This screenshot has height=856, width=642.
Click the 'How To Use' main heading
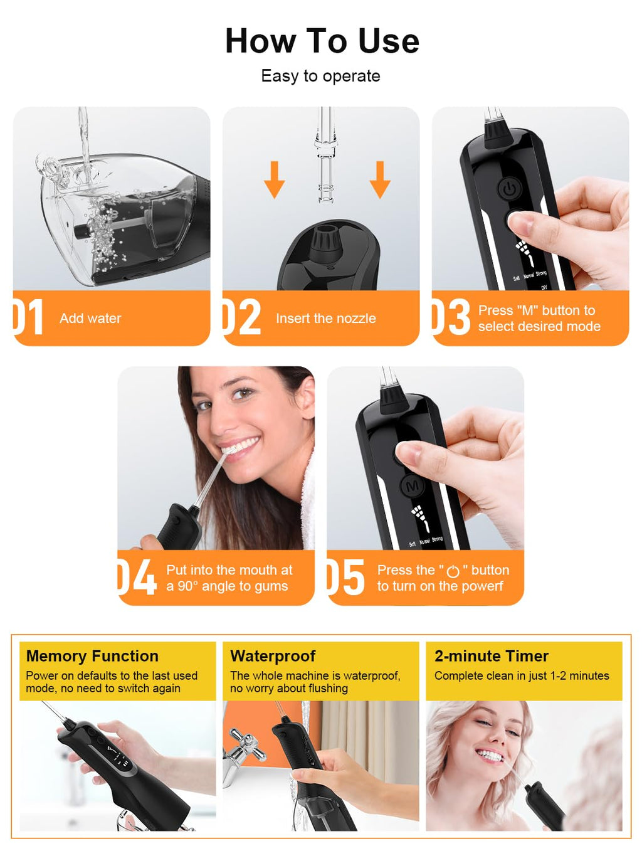(x=322, y=41)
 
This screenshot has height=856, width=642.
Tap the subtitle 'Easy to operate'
(x=320, y=76)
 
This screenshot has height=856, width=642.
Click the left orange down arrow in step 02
(x=275, y=180)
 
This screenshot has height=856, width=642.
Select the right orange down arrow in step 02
(x=380, y=180)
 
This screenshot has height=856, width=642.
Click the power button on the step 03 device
(x=510, y=189)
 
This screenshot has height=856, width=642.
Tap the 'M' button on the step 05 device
(x=413, y=486)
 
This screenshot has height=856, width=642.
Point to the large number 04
(x=137, y=577)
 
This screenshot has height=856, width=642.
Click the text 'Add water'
(x=90, y=318)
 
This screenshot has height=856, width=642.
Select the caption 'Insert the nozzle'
(x=326, y=318)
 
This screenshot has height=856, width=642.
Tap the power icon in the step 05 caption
(x=453, y=571)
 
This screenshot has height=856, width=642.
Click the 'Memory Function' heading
(x=92, y=656)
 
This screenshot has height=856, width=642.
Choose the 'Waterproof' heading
(x=273, y=656)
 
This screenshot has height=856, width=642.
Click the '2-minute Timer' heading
(x=492, y=656)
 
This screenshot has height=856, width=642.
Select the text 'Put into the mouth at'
(x=229, y=570)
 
